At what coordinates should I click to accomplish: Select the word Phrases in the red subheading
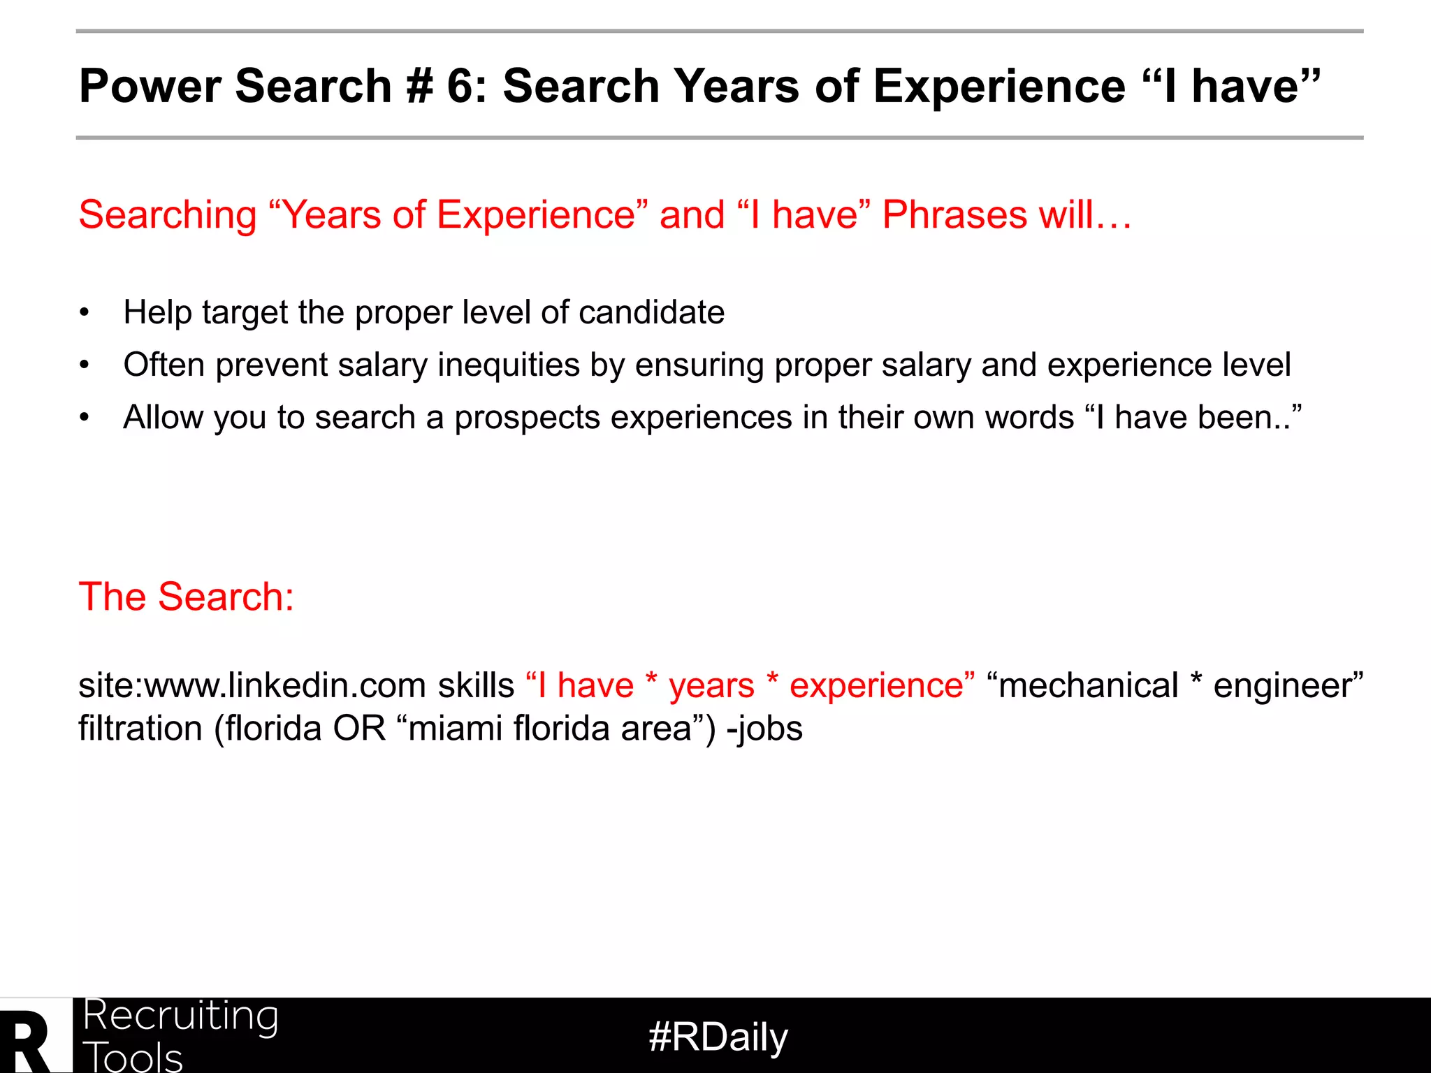point(954,214)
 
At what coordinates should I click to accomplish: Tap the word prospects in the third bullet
point(527,418)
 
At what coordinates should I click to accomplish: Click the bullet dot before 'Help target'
point(85,312)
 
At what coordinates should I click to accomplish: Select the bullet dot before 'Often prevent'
point(85,365)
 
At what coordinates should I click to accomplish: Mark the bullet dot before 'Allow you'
point(85,418)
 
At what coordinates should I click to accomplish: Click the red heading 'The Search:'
point(187,597)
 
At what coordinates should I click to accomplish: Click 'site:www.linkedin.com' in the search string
point(252,685)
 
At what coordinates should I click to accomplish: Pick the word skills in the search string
point(476,685)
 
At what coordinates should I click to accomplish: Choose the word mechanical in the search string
point(1088,685)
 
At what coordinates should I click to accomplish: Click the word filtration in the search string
point(140,729)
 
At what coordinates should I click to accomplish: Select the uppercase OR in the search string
point(359,729)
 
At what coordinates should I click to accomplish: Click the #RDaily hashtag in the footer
point(718,1037)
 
